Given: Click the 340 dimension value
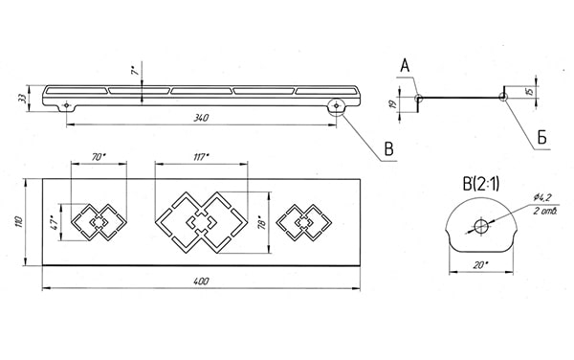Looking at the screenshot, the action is (x=201, y=118).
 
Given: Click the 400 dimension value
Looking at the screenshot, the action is (x=201, y=281).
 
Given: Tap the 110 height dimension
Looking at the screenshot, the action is (x=19, y=222).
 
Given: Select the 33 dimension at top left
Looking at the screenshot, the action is (x=22, y=98).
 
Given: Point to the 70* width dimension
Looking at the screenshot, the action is (x=99, y=157).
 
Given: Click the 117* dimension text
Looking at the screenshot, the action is (x=201, y=157).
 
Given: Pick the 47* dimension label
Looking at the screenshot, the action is (x=55, y=222).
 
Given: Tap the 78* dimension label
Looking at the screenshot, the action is (x=261, y=222).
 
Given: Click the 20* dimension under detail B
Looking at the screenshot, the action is (x=480, y=265).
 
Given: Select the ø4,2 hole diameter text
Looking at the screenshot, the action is (x=542, y=198).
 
